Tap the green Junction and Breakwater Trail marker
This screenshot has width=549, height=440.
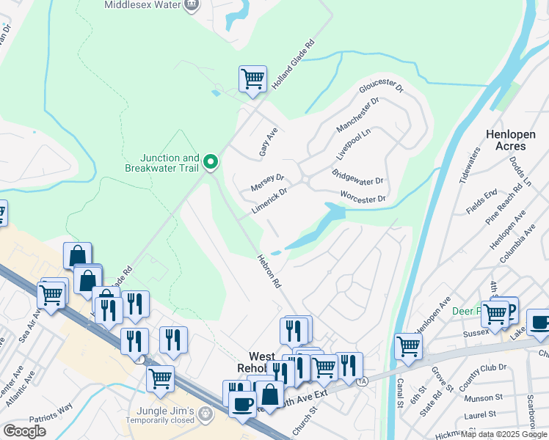pyautogui.click(x=211, y=161)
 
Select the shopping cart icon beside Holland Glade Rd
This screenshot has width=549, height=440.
pyautogui.click(x=252, y=78)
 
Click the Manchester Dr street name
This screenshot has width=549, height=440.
pyautogui.click(x=357, y=116)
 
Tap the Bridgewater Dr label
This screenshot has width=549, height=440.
pyautogui.click(x=357, y=177)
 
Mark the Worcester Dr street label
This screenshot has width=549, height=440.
pyautogui.click(x=363, y=197)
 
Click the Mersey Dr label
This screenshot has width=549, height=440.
pyautogui.click(x=267, y=180)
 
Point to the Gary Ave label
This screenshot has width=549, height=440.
pyautogui.click(x=269, y=136)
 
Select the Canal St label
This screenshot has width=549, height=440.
pyautogui.click(x=401, y=403)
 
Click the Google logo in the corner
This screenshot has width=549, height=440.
pyautogui.click(x=24, y=431)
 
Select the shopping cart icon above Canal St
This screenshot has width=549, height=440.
pyautogui.click(x=408, y=345)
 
